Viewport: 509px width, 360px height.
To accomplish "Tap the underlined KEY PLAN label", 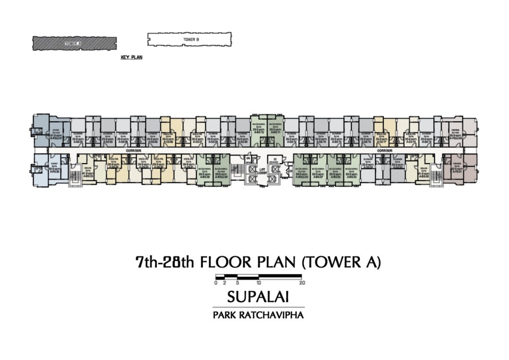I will (132, 58).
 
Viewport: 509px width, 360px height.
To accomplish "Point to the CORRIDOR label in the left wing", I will (134, 150).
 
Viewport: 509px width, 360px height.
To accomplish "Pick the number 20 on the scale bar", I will (302, 282).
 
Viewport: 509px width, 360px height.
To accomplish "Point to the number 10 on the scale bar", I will (259, 282).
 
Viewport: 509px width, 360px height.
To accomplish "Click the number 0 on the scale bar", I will (216, 282).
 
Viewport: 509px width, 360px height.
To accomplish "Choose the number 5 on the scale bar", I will (238, 282).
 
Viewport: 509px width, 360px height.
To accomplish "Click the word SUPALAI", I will (258, 297).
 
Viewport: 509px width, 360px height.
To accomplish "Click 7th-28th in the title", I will (162, 263).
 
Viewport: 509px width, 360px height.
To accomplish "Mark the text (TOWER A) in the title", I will (341, 263).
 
